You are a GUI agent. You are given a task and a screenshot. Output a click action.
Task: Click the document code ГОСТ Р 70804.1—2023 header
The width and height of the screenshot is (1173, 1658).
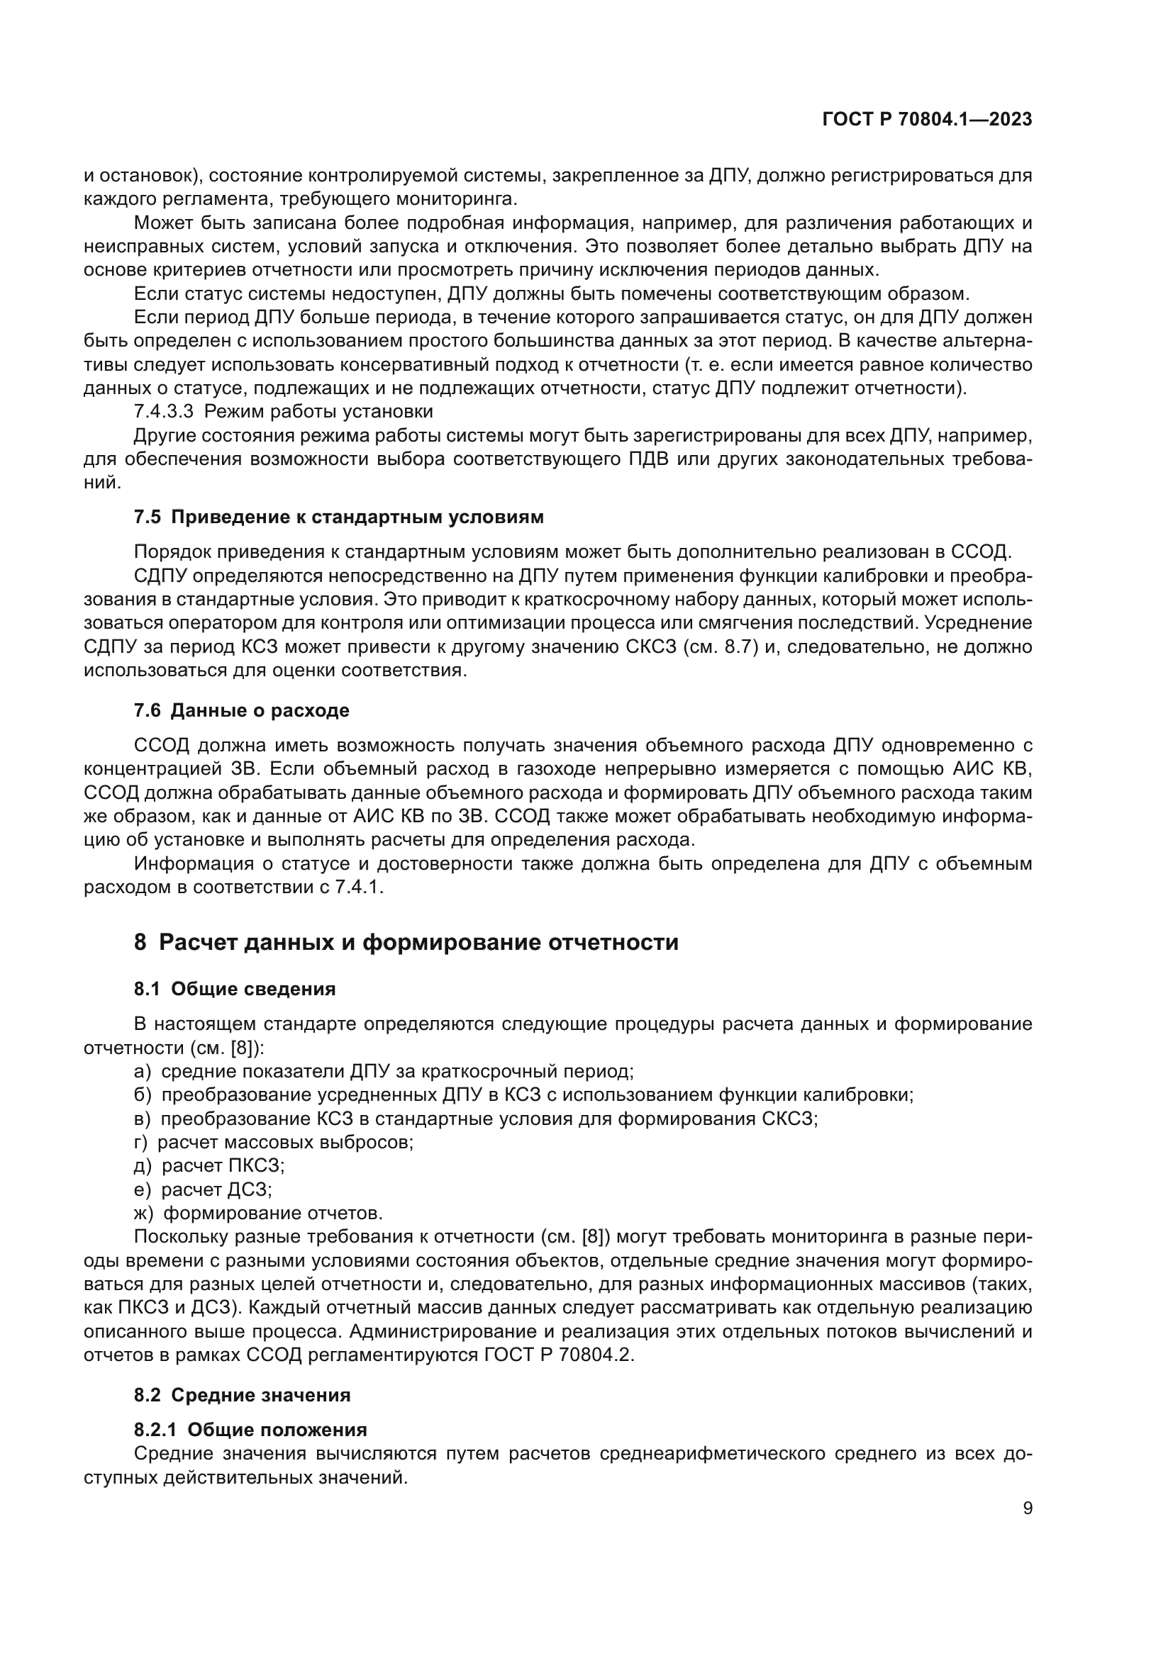pos(927,120)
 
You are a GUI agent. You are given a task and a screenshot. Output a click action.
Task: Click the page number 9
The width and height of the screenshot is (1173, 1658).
pos(1028,1508)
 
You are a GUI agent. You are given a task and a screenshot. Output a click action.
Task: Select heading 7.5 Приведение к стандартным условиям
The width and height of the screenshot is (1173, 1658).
pos(338,517)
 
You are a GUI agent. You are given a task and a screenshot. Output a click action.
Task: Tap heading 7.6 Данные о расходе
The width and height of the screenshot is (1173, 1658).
pos(241,710)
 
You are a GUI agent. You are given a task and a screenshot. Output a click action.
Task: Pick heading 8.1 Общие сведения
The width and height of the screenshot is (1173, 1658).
pos(235,990)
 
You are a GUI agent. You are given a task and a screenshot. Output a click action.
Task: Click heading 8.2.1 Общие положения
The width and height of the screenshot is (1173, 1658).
pos(250,1430)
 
